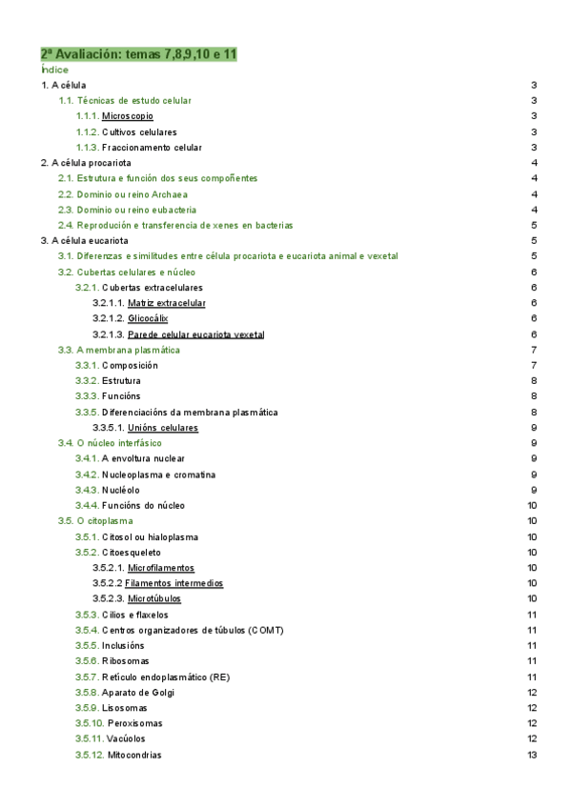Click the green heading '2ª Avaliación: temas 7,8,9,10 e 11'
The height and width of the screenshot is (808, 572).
point(138,55)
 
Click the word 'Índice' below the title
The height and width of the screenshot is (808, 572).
point(55,71)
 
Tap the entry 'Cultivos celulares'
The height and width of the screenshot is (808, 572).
point(139,131)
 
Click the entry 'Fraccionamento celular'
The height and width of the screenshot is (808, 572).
point(152,148)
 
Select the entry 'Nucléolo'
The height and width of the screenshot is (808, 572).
point(121,490)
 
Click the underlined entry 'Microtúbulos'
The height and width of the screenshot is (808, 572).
point(153,598)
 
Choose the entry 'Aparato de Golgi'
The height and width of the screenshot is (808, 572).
point(138,692)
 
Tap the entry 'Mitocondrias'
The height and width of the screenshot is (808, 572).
point(134,755)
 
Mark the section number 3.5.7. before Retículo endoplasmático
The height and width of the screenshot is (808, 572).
point(87,677)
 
